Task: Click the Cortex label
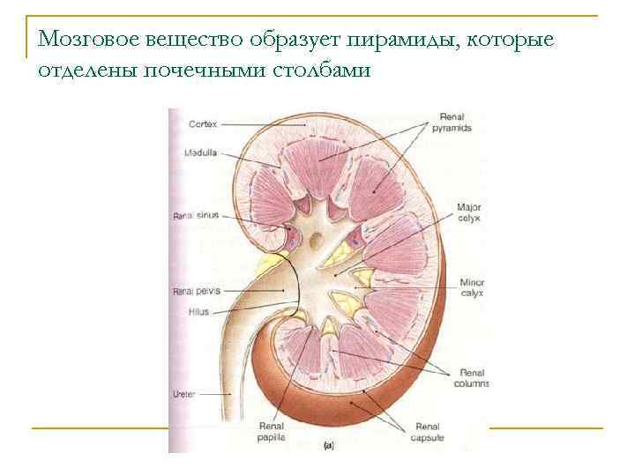click(x=202, y=124)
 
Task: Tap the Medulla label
click(x=201, y=153)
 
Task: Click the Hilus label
click(x=198, y=311)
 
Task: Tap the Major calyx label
click(x=468, y=213)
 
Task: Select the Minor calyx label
click(x=471, y=288)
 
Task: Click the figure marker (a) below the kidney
click(x=328, y=446)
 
